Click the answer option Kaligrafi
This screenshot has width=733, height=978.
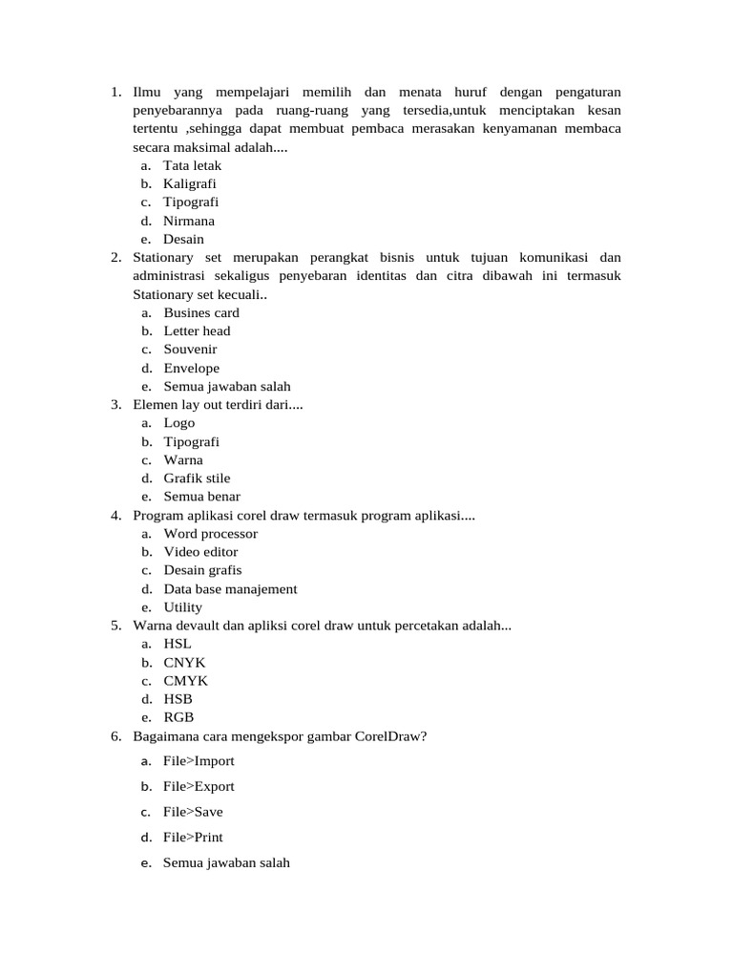190,183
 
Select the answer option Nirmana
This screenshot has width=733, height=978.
189,221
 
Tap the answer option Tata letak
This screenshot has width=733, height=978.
192,165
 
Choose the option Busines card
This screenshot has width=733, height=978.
201,312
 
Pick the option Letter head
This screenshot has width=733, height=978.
197,330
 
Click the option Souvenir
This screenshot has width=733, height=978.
190,349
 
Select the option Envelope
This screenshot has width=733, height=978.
191,368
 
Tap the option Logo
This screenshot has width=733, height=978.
179,422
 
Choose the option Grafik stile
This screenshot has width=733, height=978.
197,478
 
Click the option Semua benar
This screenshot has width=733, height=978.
202,497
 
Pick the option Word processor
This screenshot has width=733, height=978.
211,533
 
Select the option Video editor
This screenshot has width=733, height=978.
200,551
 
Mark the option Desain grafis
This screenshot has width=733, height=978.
202,570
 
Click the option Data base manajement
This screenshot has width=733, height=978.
230,588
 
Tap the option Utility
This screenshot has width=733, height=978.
183,606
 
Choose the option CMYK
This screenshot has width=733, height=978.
185,681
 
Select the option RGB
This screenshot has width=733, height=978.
178,717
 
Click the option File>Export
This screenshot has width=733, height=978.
199,786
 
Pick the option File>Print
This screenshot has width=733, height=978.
193,837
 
